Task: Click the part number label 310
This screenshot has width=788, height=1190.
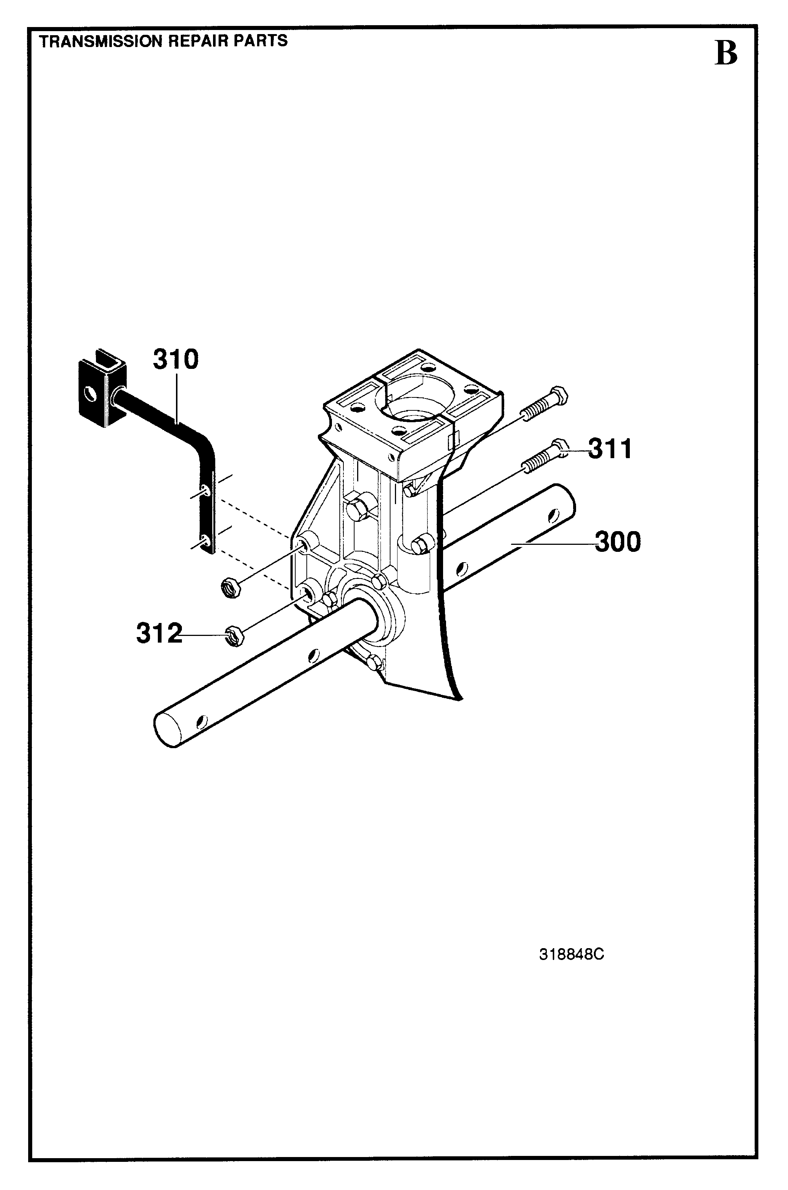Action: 176,360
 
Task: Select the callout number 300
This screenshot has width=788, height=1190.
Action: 618,542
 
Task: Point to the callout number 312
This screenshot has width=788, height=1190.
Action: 159,633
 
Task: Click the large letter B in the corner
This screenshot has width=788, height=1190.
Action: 726,54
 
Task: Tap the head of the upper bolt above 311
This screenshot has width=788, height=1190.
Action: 559,394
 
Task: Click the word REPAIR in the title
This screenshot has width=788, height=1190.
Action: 200,41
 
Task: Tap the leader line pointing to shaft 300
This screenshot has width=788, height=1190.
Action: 553,543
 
